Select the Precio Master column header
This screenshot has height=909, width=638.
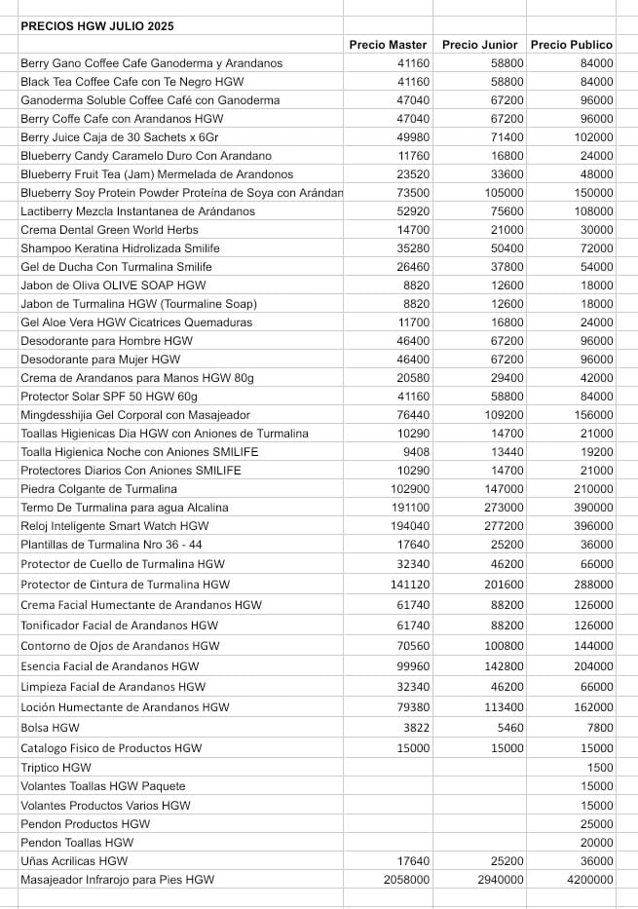coord(388,45)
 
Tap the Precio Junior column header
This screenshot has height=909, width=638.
coord(479,45)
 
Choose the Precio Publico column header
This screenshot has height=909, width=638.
coord(571,45)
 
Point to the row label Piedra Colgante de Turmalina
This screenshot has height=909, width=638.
coord(98,489)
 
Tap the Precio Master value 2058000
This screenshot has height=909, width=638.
coord(400,880)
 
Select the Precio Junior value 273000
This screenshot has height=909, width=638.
coord(504,508)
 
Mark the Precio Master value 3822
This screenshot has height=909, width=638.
coord(414,728)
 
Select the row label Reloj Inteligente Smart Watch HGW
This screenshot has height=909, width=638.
coord(114,526)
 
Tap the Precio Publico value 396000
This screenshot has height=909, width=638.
coord(594,526)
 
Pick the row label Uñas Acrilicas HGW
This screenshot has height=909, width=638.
coord(74,861)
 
